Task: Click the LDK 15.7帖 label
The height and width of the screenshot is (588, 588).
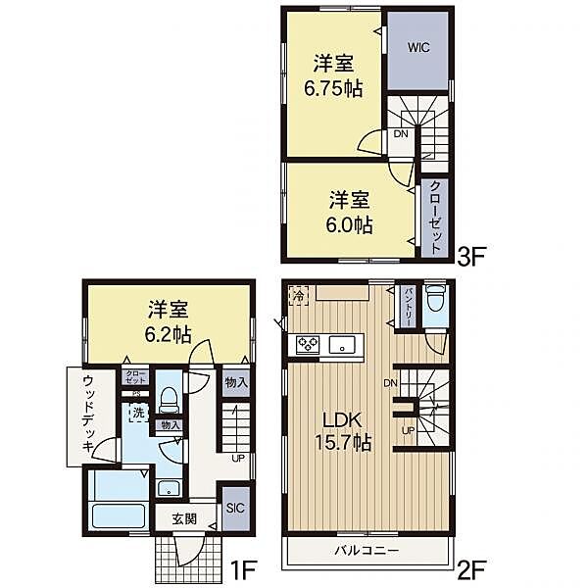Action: click(341, 431)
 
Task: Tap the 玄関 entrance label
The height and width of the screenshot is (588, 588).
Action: click(184, 517)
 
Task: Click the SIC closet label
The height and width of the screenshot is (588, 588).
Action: click(235, 509)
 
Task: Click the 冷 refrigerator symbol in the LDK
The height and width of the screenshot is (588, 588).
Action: click(298, 292)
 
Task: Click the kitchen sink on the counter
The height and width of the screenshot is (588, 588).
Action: click(343, 344)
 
